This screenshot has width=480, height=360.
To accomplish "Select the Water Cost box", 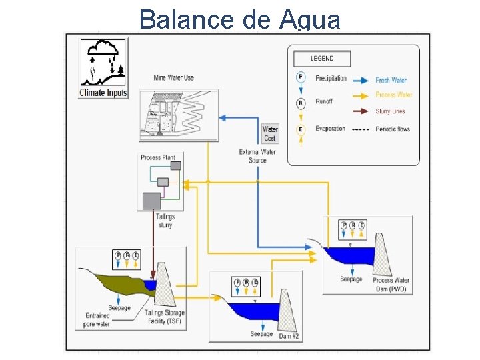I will [269, 133].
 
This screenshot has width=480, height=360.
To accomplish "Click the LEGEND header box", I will [322, 59].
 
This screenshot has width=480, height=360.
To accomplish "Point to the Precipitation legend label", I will [331, 79].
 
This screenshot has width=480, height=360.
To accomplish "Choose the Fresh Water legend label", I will [391, 81].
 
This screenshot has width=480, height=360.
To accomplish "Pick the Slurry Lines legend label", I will [390, 111].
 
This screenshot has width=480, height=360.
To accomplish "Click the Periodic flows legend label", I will [393, 129].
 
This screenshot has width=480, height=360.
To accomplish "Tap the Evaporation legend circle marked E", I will [301, 129].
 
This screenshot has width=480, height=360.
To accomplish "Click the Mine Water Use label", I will [173, 78].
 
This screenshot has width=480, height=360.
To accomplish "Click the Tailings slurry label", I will [165, 221].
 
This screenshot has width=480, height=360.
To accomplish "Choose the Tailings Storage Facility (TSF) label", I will [165, 317].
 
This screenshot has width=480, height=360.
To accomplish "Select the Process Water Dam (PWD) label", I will [391, 285].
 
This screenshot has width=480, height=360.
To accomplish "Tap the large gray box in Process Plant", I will [153, 200].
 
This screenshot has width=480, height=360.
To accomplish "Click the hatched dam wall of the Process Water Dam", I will [385, 260].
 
